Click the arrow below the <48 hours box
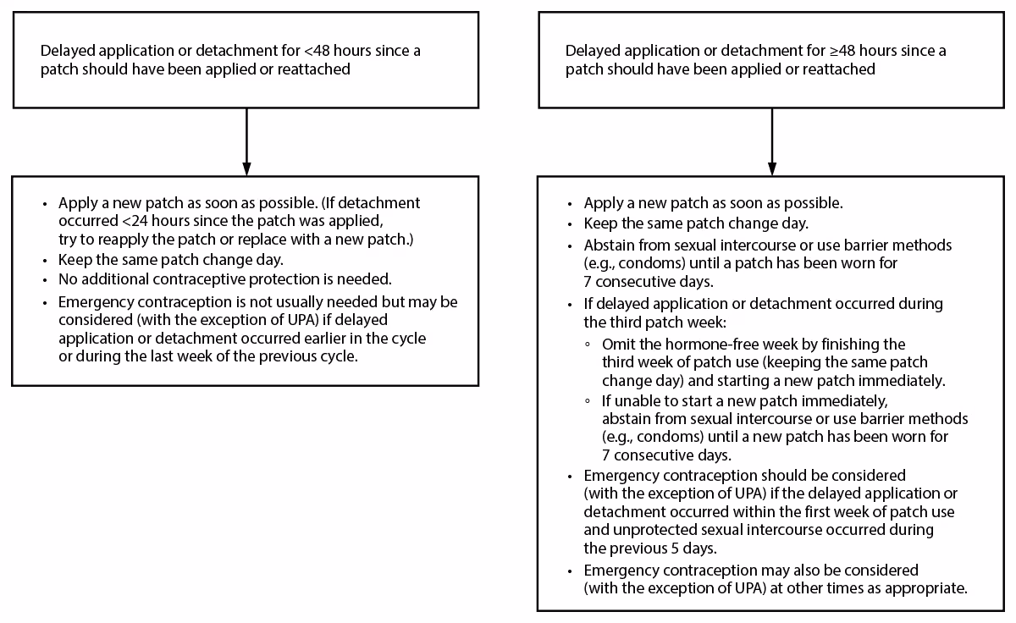click(x=246, y=141)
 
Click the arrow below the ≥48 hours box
click(x=772, y=141)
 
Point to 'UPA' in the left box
click(x=272, y=320)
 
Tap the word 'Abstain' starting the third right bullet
click(x=606, y=245)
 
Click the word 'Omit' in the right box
click(x=617, y=345)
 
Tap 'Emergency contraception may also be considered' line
click(x=750, y=571)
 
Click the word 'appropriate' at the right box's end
click(x=928, y=588)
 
